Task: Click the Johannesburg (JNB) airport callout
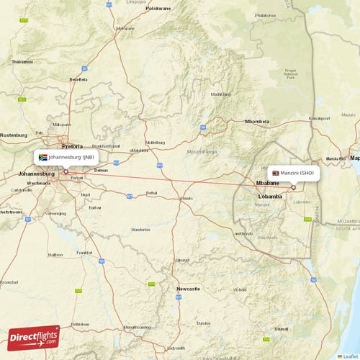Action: pyautogui.click(x=66, y=156)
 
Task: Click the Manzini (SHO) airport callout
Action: pyautogui.click(x=293, y=173)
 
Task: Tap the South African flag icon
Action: pyautogui.click(x=43, y=156)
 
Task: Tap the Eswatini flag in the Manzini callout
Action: pyautogui.click(x=275, y=173)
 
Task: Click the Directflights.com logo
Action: pyautogui.click(x=34, y=337)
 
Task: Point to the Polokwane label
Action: pyautogui.click(x=158, y=9)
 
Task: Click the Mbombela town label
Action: pyautogui.click(x=256, y=122)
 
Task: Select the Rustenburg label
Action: pyautogui.click(x=12, y=135)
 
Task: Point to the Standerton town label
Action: pyautogui.click(x=140, y=230)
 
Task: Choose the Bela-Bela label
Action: pyautogui.click(x=78, y=79)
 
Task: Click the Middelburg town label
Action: pyautogui.click(x=155, y=143)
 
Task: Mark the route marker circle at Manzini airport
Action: pyautogui.click(x=293, y=187)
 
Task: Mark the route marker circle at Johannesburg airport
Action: pyautogui.click(x=66, y=171)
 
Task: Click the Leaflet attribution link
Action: pyautogui.click(x=348, y=356)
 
